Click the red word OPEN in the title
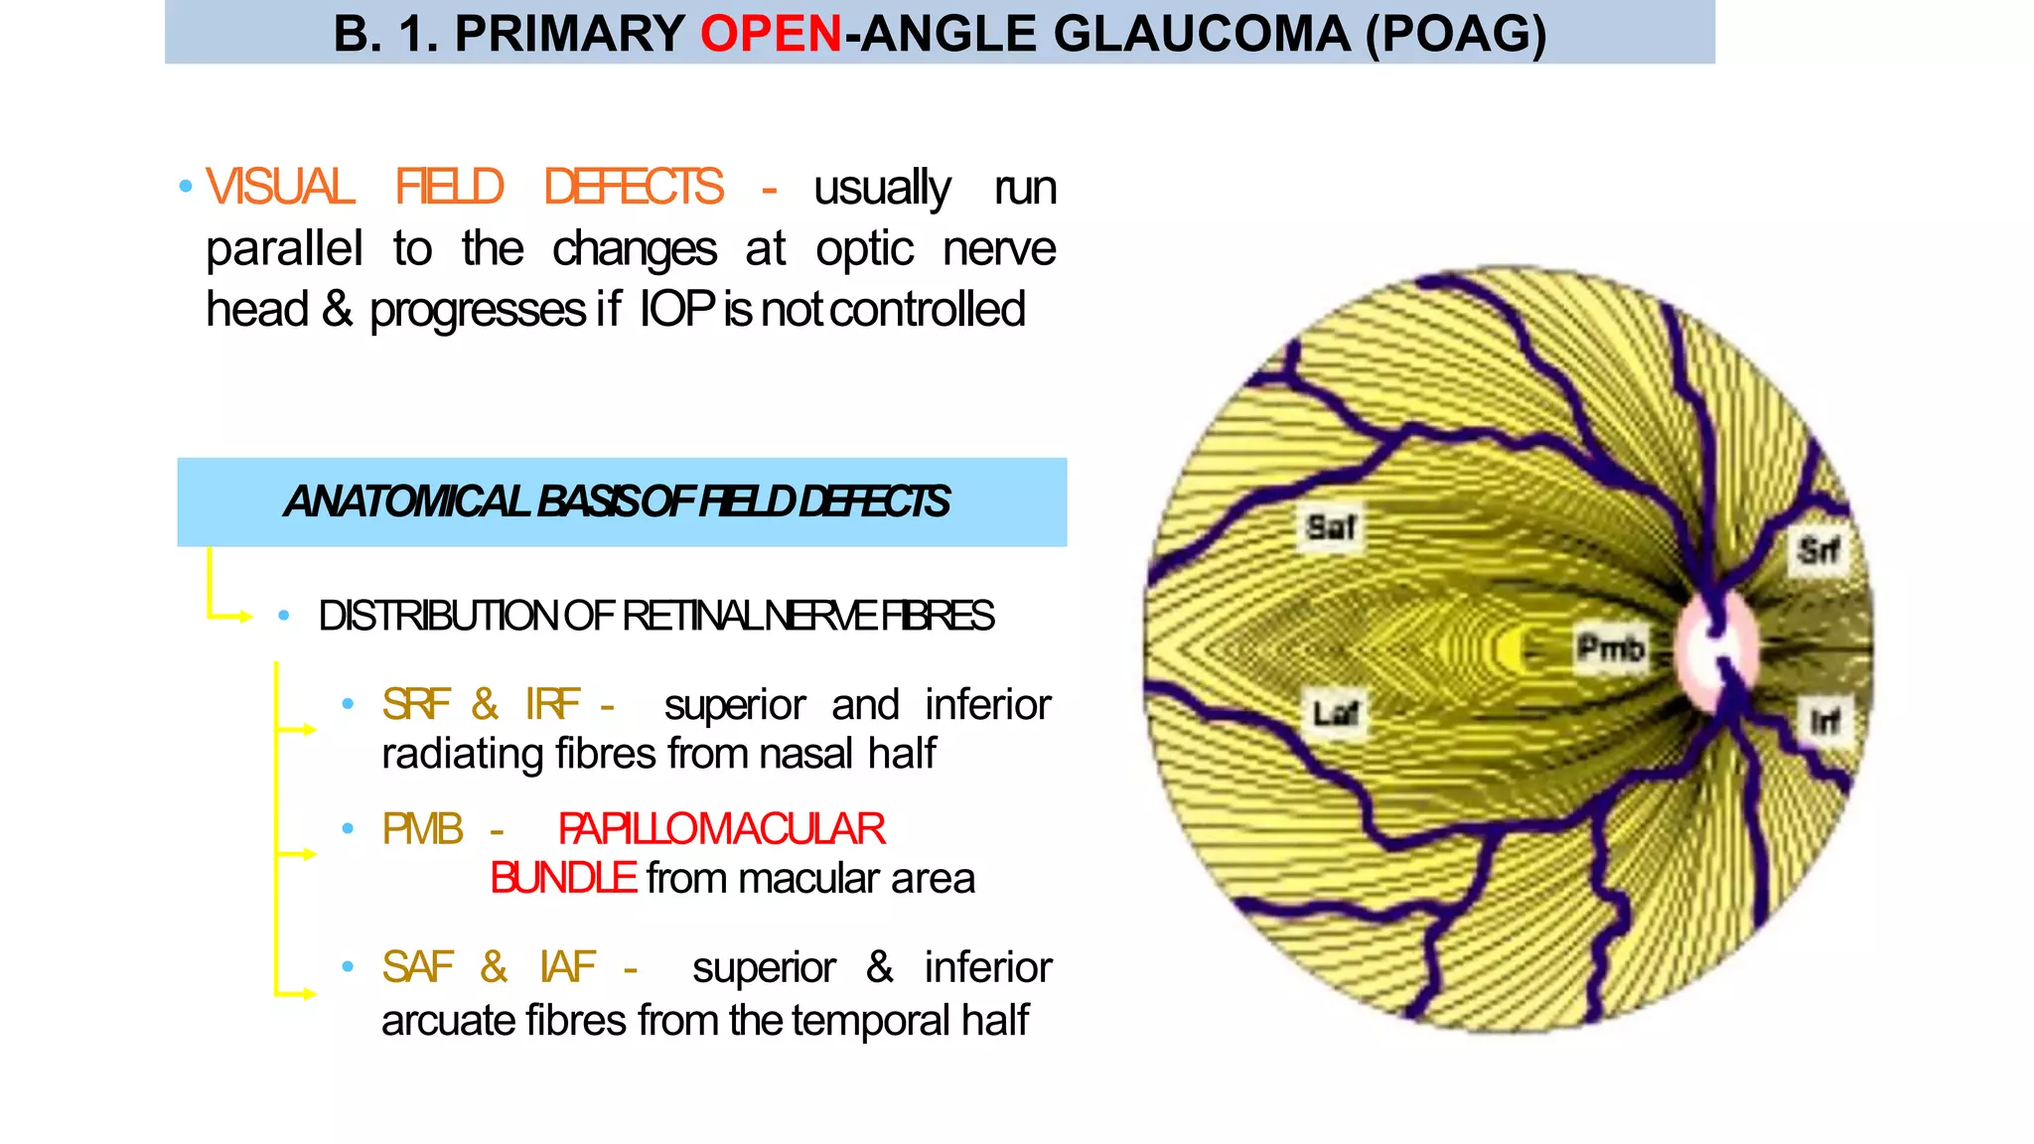pos(771,34)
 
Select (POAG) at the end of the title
pos(1455,34)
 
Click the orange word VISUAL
pos(280,188)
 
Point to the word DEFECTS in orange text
pos(634,188)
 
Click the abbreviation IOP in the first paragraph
pos(677,309)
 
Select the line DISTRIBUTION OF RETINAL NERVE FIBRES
pos(655,616)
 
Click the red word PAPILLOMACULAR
pos(721,829)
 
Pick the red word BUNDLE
pos(563,879)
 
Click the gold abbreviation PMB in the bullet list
pos(422,829)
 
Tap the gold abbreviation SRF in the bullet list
pos(415,705)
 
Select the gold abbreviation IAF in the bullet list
pos(567,967)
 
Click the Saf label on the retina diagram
pos(1330,527)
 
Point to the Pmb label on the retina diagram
pos(1610,648)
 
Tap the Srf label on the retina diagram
pos(1818,550)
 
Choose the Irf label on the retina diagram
pos(1824,720)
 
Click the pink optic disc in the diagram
pos(1716,650)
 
